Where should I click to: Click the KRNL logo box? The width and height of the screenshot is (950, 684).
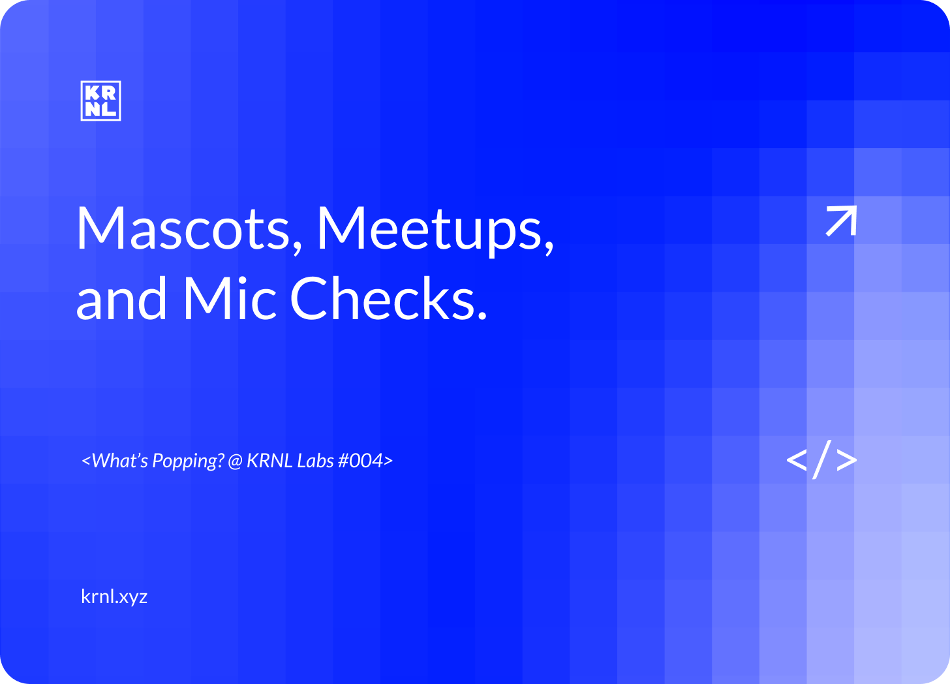[100, 101]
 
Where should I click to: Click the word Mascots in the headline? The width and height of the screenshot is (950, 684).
[182, 228]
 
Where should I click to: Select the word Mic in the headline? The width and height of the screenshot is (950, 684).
[230, 299]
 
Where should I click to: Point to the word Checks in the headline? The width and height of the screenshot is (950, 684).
[381, 299]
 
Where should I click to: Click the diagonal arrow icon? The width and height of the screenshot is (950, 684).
[840, 222]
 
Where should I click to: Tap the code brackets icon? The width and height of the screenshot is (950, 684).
[821, 459]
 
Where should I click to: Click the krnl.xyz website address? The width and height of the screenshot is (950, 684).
[114, 597]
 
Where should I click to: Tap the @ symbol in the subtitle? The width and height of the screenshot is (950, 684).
[235, 461]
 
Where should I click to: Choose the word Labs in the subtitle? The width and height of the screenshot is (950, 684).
[316, 461]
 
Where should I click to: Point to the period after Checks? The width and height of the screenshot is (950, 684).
[482, 317]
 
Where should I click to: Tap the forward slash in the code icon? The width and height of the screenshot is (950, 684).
[821, 459]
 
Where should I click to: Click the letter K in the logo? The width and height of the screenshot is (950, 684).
[92, 93]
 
